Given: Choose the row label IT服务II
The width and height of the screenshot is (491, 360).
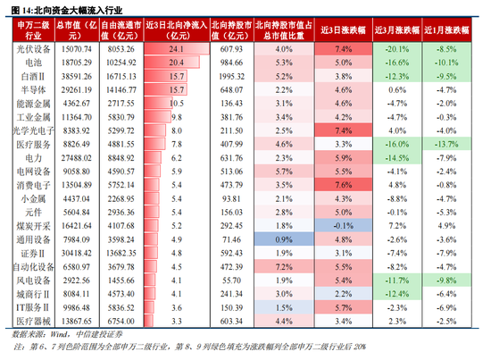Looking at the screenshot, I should click(27, 306).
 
